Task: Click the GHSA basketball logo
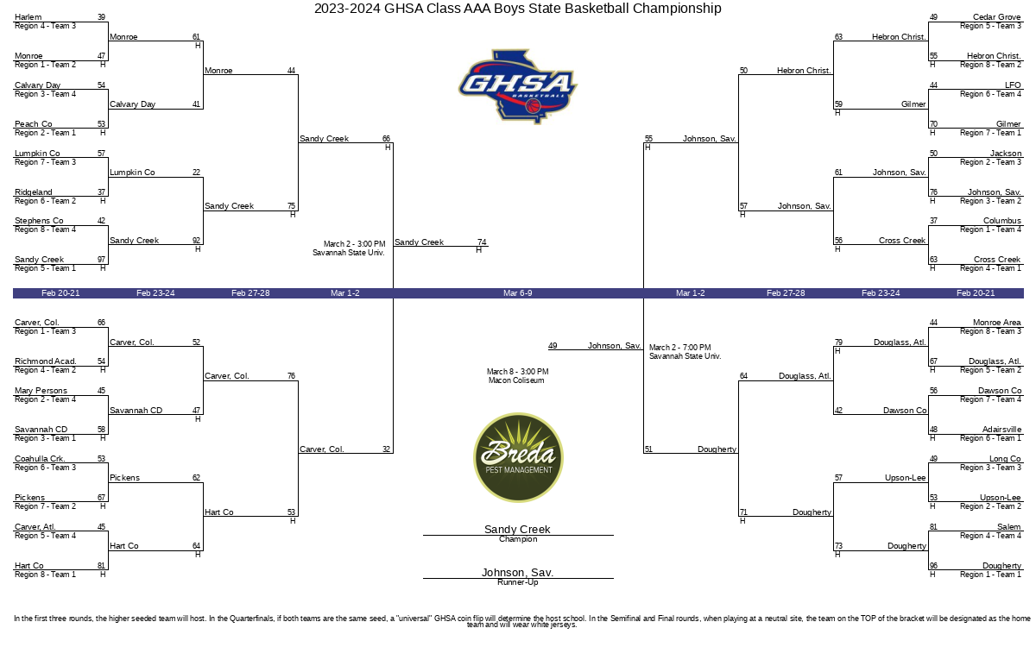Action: (517, 86)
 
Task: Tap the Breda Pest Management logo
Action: (518, 457)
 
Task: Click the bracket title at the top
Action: (517, 9)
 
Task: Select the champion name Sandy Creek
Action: (517, 529)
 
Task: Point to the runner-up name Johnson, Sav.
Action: (517, 572)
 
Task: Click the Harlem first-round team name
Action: (28, 17)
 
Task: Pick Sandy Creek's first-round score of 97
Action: (101, 260)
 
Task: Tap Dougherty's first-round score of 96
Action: (934, 566)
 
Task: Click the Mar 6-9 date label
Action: (517, 293)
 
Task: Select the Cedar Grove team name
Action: (996, 17)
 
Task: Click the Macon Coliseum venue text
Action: (516, 380)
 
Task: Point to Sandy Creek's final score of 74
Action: (482, 242)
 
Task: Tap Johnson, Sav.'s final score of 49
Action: (553, 346)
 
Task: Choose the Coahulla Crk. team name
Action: (40, 459)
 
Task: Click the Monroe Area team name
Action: (996, 323)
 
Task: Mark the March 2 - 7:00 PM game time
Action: (680, 348)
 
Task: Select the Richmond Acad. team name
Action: (45, 361)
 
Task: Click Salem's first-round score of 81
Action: (934, 527)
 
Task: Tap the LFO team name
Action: (1013, 85)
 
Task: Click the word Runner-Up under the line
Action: (517, 582)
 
